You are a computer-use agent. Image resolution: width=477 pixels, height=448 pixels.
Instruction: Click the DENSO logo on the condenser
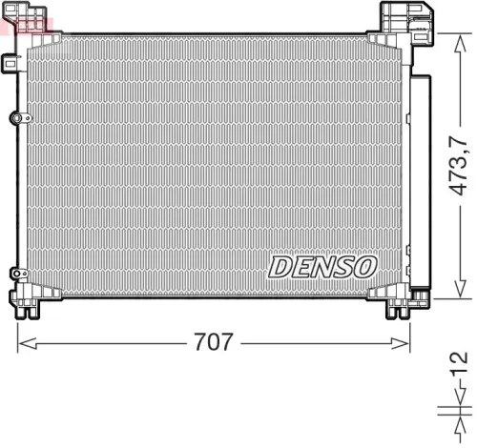pos(322,266)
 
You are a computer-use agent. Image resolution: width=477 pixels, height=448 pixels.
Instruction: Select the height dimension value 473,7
pos(459,164)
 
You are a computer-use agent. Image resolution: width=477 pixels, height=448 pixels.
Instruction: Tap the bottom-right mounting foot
pos(398,308)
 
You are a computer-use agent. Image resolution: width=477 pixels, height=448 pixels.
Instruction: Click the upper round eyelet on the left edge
pos(15,117)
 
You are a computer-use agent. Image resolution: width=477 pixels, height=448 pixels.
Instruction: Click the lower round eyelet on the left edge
pos(15,274)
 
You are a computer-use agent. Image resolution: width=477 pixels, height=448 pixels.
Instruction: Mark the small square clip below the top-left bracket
pos(11,63)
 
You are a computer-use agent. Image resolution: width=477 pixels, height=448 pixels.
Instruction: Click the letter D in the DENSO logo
pos(282,266)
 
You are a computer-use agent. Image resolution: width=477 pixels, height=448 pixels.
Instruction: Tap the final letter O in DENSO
pos(364,266)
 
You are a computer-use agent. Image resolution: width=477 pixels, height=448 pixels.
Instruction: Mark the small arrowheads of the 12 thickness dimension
pos(448,411)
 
